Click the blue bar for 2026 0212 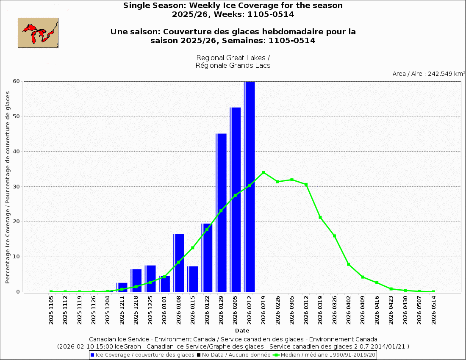pyautogui.click(x=250, y=186)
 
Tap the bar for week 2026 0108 pyautogui.click(x=178, y=263)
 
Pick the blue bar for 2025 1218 pyautogui.click(x=136, y=280)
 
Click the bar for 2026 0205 pyautogui.click(x=235, y=199)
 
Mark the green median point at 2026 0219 pyautogui.click(x=264, y=172)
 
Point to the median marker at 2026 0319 pyautogui.click(x=320, y=217)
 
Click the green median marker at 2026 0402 pyautogui.click(x=349, y=264)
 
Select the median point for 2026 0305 pyautogui.click(x=292, y=180)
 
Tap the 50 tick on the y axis pyautogui.click(x=17, y=116)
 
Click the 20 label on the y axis pyautogui.click(x=17, y=222)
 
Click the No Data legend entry pyautogui.click(x=236, y=354)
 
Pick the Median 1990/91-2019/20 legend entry pyautogui.click(x=324, y=354)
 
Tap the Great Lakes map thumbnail pyautogui.click(x=38, y=33)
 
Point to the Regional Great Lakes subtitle pyautogui.click(x=233, y=61)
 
